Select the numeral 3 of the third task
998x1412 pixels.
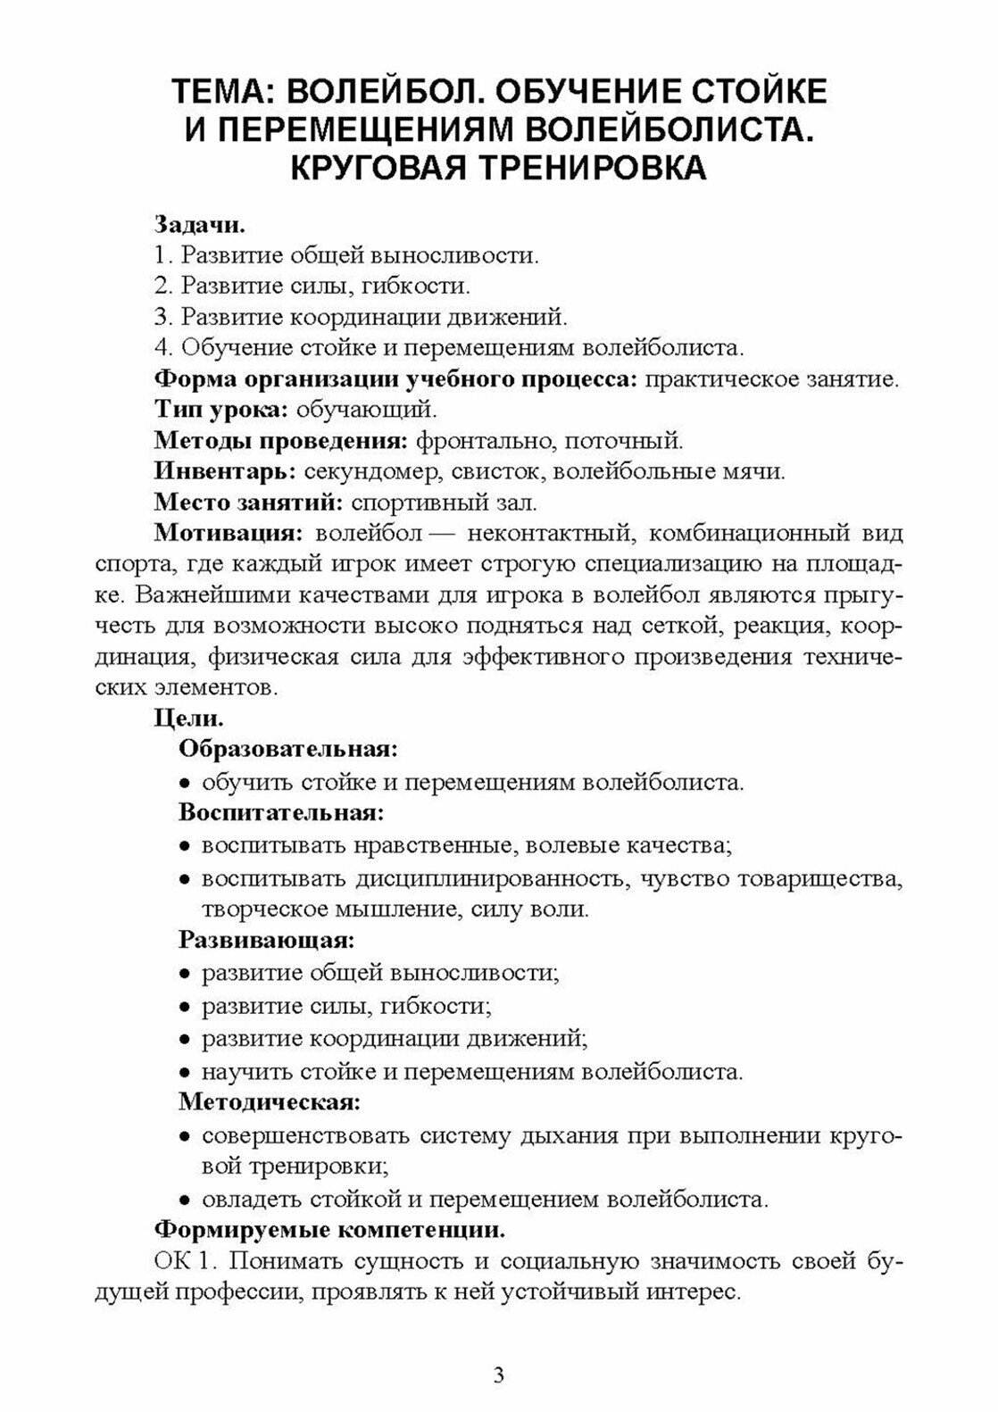tap(162, 316)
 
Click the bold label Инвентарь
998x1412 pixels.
tap(225, 470)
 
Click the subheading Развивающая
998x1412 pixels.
tap(267, 939)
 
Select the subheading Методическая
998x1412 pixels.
tap(270, 1101)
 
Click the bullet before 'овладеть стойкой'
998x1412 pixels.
tap(185, 1199)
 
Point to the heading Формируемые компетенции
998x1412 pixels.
tap(329, 1230)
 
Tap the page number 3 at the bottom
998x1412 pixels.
tap(499, 1375)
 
